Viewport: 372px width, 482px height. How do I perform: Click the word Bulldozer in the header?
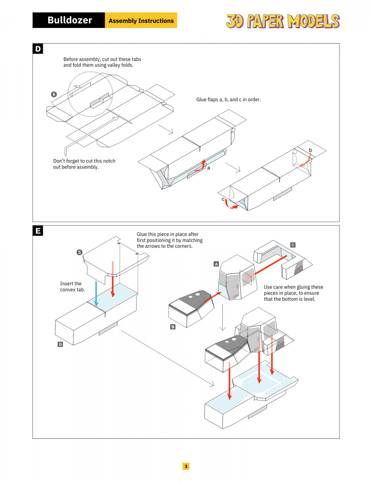tap(70, 20)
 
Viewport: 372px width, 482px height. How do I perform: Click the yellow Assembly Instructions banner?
tap(141, 21)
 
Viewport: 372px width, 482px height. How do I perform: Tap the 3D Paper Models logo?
tap(283, 21)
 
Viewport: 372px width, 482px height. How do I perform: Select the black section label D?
tap(38, 49)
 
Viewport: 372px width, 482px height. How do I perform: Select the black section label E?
tap(38, 231)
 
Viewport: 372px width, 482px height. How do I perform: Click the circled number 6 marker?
tap(54, 94)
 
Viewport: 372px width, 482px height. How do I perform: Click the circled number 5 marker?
tap(79, 252)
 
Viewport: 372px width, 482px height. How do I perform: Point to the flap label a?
tap(209, 168)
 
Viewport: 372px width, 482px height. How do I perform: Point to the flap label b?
tap(310, 150)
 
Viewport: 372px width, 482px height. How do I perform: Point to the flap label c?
tap(223, 199)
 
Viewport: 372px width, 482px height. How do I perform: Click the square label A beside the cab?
tap(216, 264)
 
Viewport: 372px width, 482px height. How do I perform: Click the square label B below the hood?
tap(173, 327)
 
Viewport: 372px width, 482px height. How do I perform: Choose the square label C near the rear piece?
tap(293, 245)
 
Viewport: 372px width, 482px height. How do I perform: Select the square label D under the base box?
tap(60, 344)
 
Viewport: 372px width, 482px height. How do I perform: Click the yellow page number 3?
tap(186, 466)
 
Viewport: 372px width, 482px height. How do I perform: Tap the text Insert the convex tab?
tap(72, 287)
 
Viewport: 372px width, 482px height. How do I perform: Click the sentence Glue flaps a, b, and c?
tap(228, 100)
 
